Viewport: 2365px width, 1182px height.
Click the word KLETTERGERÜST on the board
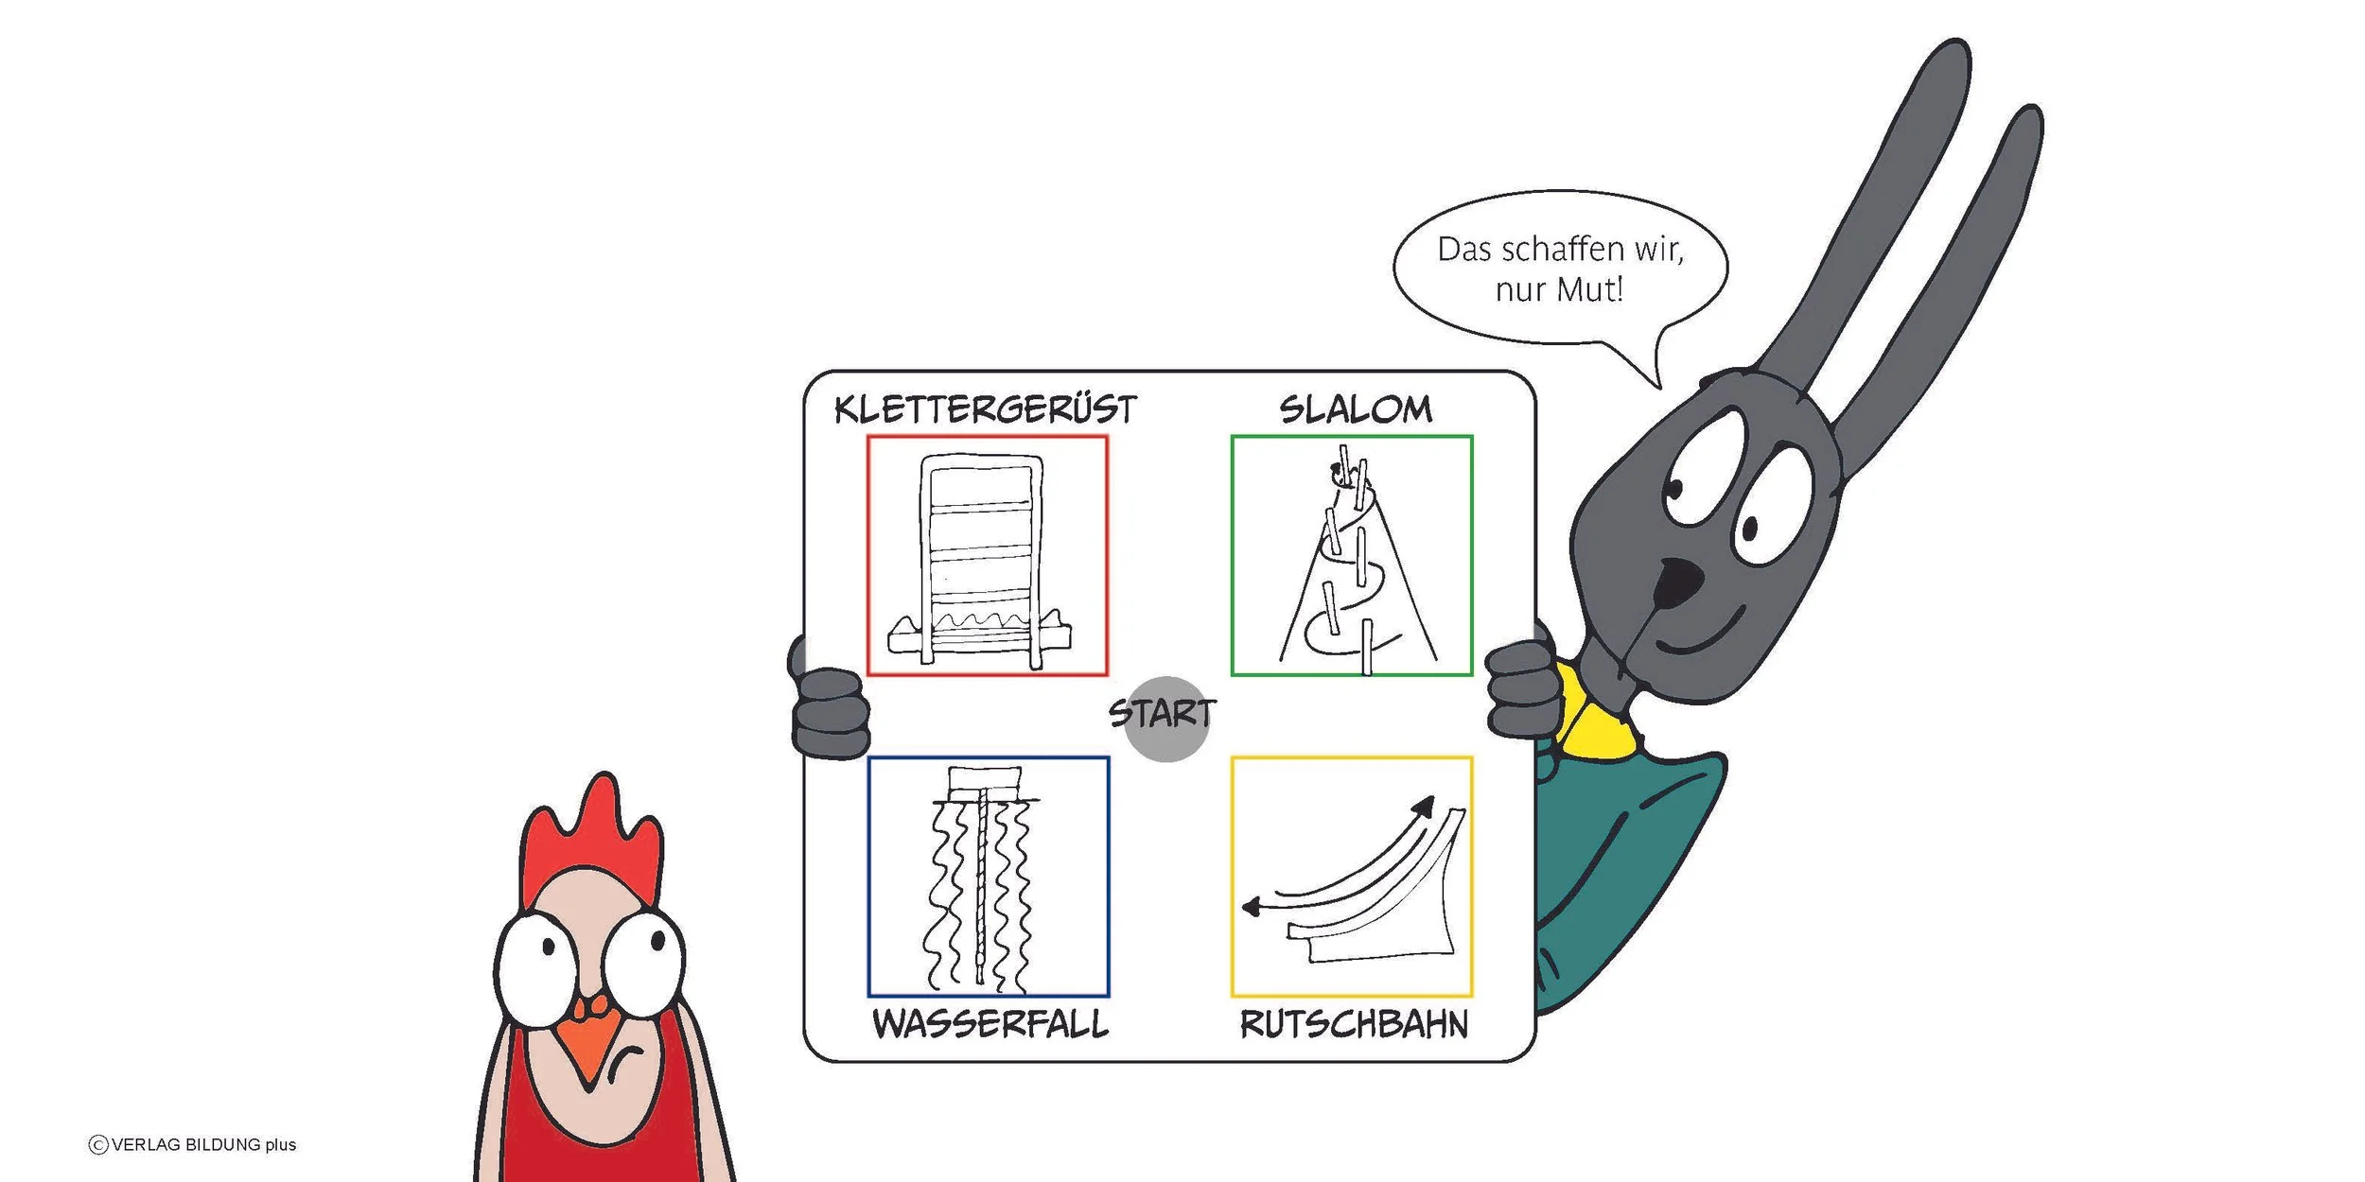tap(985, 409)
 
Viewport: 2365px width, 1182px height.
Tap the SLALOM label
tap(1356, 409)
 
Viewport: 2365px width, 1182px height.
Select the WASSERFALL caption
tap(990, 1024)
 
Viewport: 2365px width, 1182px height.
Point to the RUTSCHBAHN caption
tap(1354, 1024)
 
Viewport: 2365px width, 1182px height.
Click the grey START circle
tap(1165, 720)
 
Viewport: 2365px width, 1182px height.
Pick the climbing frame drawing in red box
tap(980, 562)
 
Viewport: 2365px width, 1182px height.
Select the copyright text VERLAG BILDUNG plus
tap(203, 1144)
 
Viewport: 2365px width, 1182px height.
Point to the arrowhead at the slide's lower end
tap(1252, 908)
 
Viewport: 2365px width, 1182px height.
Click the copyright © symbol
tap(97, 1145)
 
